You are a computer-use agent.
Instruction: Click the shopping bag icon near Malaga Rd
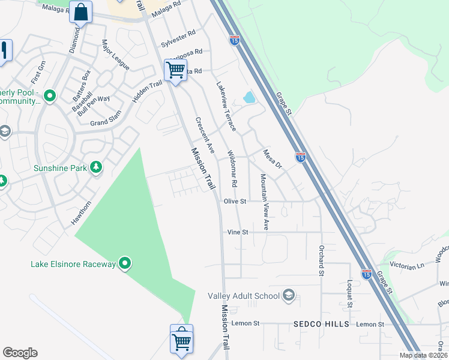point(80,11)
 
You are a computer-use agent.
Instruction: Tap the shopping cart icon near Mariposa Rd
point(175,70)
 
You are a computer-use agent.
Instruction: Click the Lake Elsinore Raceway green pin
point(125,263)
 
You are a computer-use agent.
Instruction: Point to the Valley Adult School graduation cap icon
point(289,295)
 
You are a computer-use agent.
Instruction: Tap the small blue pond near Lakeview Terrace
point(249,97)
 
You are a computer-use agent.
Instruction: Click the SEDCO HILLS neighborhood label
point(321,324)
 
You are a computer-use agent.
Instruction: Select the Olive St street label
point(235,202)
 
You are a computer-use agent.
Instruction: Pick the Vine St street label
point(238,232)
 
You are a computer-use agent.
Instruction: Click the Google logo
point(20,353)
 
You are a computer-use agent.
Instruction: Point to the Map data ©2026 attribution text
point(423,355)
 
